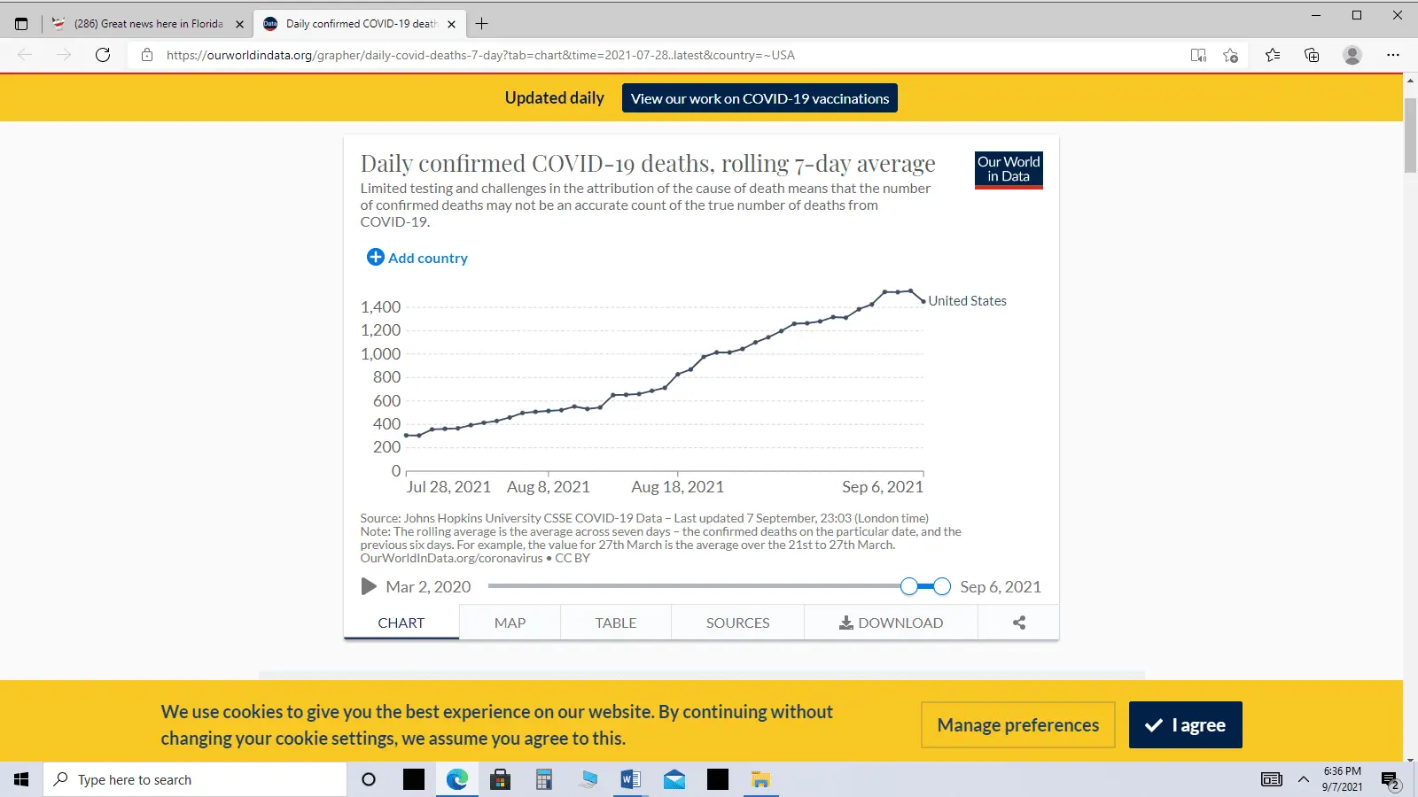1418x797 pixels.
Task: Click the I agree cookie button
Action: coord(1185,725)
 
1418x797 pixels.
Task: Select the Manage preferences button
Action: coord(1017,725)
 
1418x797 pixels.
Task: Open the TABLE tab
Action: coord(616,623)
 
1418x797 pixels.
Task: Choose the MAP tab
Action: coord(510,623)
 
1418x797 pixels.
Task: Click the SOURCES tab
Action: coord(737,623)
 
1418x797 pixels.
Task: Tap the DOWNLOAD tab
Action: coord(891,623)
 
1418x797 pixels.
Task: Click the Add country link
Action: coord(417,258)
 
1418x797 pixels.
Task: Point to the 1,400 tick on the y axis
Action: coord(380,307)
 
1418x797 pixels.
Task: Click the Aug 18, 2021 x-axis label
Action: coord(677,487)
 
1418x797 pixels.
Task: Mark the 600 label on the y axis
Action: coord(386,400)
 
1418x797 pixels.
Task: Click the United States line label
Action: coord(967,301)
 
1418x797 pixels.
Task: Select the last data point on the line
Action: coord(923,301)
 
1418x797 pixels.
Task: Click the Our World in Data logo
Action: coord(1009,169)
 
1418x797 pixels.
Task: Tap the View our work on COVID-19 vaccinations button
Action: coord(760,98)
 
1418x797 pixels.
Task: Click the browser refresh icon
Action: coord(103,55)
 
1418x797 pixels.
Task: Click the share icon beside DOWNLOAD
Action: coord(1019,623)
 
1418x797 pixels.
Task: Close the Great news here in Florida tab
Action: coord(239,24)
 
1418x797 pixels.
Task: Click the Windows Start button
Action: coord(21,779)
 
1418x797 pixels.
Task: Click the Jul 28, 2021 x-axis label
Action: coord(448,487)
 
